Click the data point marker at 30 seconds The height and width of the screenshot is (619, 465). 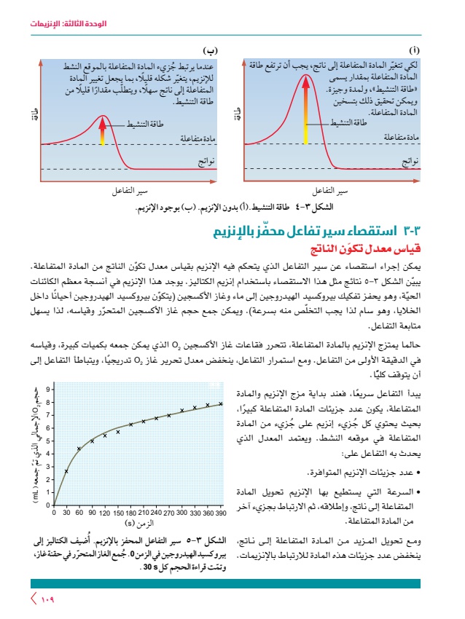[66, 471]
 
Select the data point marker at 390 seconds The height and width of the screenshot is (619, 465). [221, 403]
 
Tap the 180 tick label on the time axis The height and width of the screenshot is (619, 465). [130, 513]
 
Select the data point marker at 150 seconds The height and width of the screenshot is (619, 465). [118, 432]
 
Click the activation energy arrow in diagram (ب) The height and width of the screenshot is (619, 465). [103, 132]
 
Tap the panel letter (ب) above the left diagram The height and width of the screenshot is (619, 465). [211, 50]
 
